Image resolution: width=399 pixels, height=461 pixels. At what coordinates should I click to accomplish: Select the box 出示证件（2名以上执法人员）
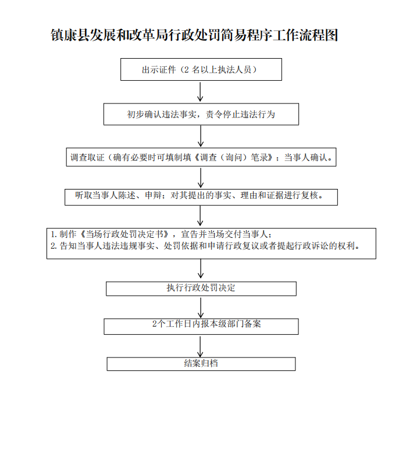pyautogui.click(x=201, y=70)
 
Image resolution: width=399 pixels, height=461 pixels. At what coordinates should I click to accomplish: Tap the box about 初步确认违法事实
pyautogui.click(x=201, y=115)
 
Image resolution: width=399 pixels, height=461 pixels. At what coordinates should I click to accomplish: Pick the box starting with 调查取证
pyautogui.click(x=201, y=157)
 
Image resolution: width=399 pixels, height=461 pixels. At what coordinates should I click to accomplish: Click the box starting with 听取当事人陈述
pyautogui.click(x=201, y=196)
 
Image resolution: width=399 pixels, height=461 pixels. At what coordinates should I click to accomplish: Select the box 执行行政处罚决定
pyautogui.click(x=201, y=288)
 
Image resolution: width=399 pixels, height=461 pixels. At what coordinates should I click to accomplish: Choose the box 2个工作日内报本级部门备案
pyautogui.click(x=201, y=326)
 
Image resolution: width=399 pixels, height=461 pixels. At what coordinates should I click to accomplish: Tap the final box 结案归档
pyautogui.click(x=201, y=363)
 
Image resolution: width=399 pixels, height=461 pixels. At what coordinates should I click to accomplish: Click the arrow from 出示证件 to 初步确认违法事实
pyautogui.click(x=201, y=92)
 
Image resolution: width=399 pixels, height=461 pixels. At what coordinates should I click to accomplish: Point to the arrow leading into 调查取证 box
pyautogui.click(x=201, y=136)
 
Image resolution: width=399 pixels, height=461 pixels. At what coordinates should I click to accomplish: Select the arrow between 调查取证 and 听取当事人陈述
pyautogui.click(x=201, y=177)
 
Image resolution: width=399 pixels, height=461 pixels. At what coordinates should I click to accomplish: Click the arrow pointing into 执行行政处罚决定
pyautogui.click(x=201, y=270)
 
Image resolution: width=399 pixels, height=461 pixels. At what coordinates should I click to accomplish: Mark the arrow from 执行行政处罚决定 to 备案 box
pyautogui.click(x=201, y=308)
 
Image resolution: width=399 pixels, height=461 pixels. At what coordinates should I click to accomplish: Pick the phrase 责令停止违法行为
pyautogui.click(x=240, y=115)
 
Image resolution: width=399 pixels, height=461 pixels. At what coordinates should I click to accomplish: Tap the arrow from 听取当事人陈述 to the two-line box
pyautogui.click(x=201, y=216)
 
